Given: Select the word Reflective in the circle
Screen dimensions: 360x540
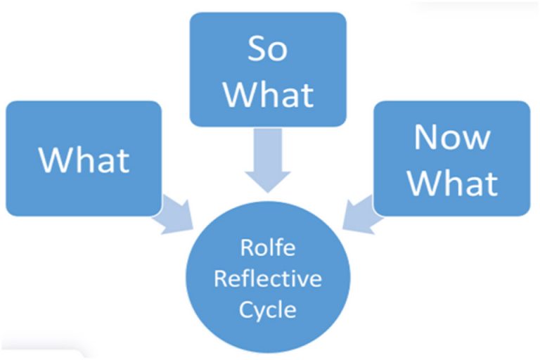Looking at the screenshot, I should (x=268, y=279).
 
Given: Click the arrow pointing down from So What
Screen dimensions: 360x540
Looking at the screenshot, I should (x=269, y=163).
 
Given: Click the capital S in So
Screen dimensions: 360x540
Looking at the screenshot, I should (x=256, y=51).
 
